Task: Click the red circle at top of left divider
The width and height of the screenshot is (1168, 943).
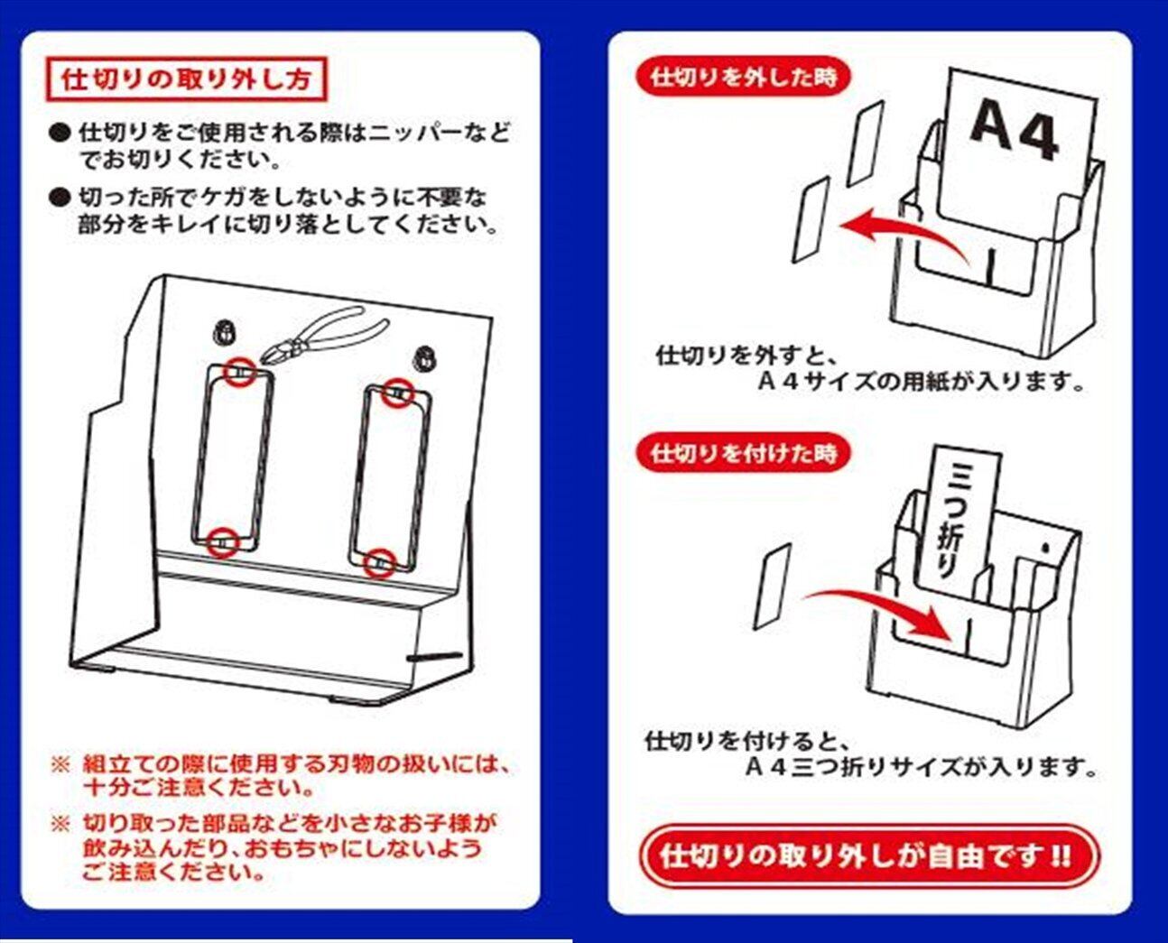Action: pyautogui.click(x=239, y=371)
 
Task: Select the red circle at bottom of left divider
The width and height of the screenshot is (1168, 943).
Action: pyautogui.click(x=222, y=542)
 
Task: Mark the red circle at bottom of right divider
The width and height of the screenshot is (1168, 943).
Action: pyautogui.click(x=382, y=563)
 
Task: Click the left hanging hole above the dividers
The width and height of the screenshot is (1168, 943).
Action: pyautogui.click(x=224, y=330)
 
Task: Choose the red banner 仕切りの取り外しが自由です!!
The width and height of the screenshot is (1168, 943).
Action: pyautogui.click(x=867, y=855)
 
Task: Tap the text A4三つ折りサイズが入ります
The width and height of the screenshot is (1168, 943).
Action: pyautogui.click(x=921, y=768)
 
